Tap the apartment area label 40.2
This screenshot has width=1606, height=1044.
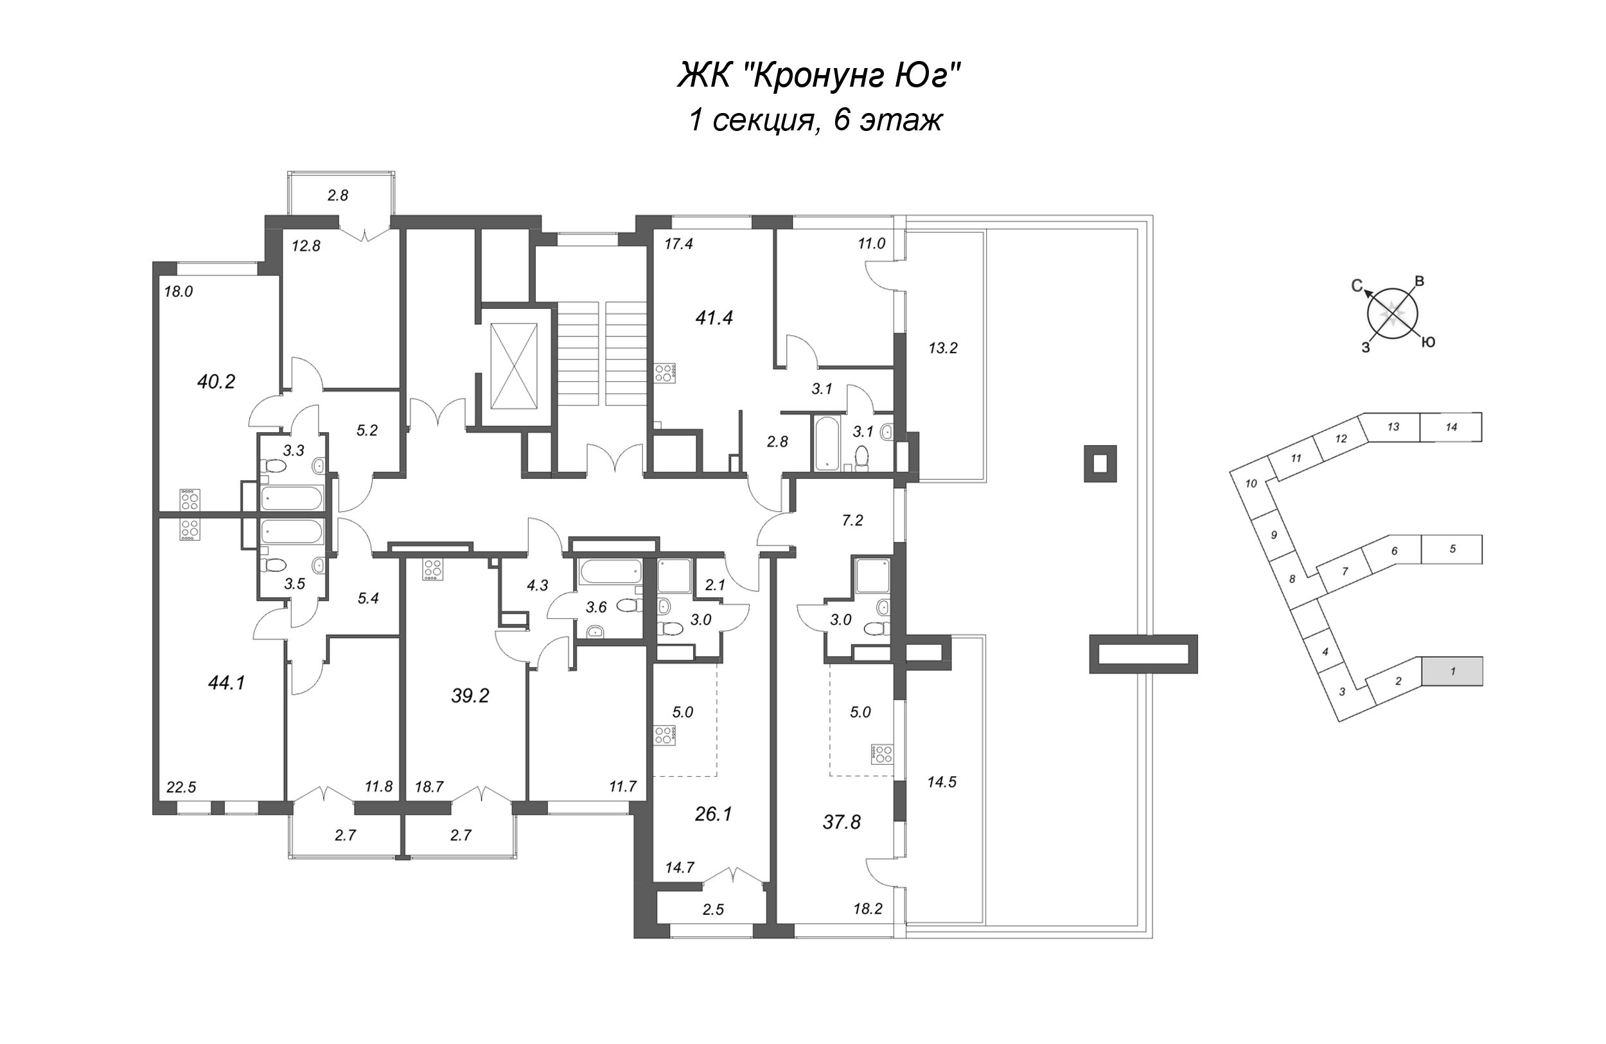click(216, 383)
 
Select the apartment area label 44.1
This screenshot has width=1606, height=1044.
click(227, 683)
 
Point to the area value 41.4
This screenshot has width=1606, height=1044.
click(714, 318)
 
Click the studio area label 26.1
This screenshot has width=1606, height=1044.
click(713, 815)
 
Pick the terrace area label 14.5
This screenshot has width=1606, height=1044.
click(941, 782)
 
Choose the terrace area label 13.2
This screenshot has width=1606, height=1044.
click(942, 349)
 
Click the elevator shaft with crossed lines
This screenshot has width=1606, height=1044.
click(514, 365)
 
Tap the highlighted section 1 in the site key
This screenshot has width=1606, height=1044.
click(1452, 671)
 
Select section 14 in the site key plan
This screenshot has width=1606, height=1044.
click(1451, 427)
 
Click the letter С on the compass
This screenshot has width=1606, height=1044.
click(1357, 285)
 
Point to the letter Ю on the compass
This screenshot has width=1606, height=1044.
click(1428, 343)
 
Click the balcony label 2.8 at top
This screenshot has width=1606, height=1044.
click(338, 196)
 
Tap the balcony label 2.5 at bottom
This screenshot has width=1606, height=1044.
click(712, 910)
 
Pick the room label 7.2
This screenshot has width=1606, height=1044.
click(852, 521)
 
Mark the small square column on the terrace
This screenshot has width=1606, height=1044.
click(1100, 464)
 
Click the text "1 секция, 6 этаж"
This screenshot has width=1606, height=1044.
click(815, 121)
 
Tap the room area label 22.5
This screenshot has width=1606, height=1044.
click(181, 787)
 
